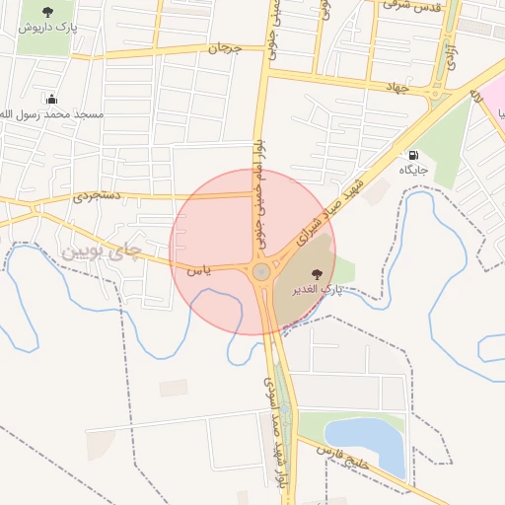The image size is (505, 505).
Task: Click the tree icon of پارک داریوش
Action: (x=47, y=12)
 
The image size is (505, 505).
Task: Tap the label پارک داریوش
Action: (x=48, y=28)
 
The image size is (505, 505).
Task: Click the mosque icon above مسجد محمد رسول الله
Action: (x=51, y=99)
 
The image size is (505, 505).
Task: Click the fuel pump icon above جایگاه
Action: (x=412, y=155)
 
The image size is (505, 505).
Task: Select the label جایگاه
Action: (x=412, y=170)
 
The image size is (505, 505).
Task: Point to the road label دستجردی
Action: (x=97, y=196)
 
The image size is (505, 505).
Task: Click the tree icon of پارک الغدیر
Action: (x=317, y=274)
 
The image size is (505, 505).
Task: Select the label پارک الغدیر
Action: (x=317, y=291)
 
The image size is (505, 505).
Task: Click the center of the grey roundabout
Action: (x=261, y=271)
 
